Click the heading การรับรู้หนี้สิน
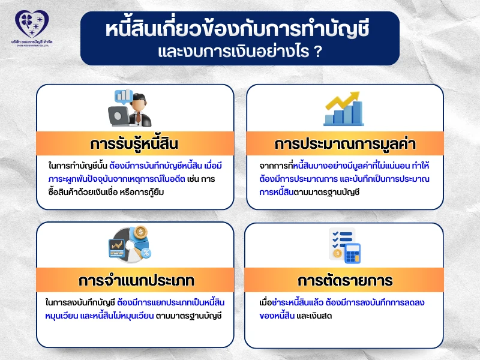134,145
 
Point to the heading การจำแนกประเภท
134,281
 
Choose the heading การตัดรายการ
345,281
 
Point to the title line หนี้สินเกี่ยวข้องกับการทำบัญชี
239,28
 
